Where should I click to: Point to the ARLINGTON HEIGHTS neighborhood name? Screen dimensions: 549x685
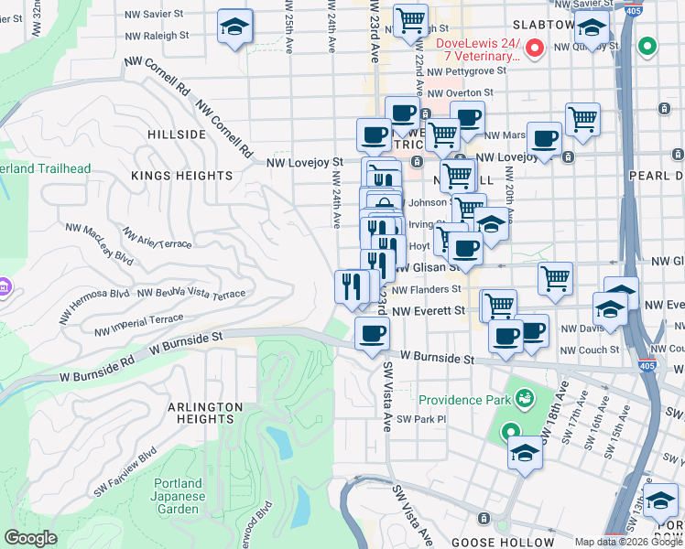204,414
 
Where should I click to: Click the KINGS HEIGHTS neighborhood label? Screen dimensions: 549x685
181,175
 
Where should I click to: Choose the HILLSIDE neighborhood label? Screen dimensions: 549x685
177,135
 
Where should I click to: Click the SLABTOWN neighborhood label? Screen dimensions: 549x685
543,25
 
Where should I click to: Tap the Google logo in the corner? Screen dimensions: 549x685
30,538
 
